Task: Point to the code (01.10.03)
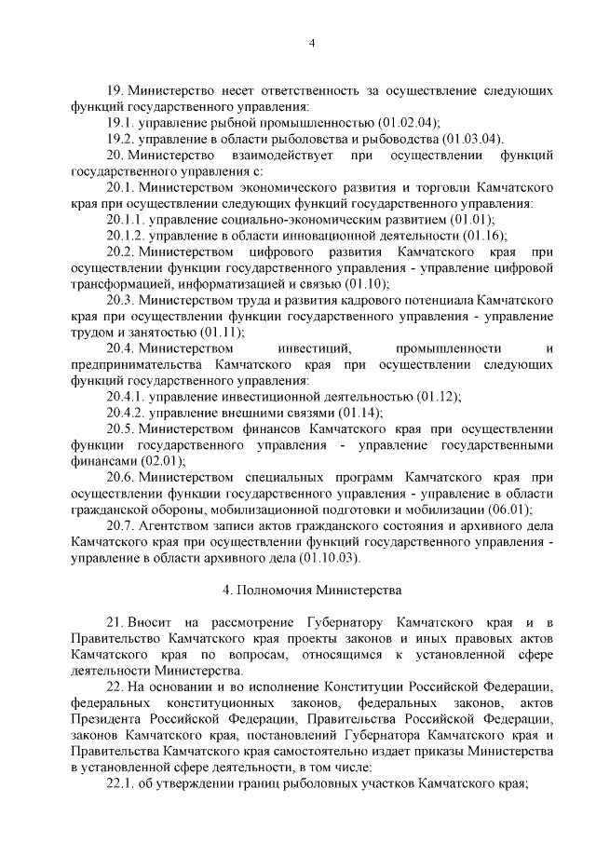pyautogui.click(x=327, y=557)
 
